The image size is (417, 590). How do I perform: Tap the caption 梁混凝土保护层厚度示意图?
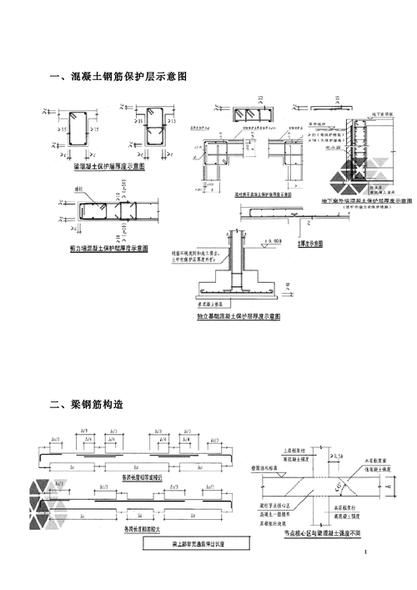click(x=109, y=167)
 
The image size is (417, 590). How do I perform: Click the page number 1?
click(x=365, y=553)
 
